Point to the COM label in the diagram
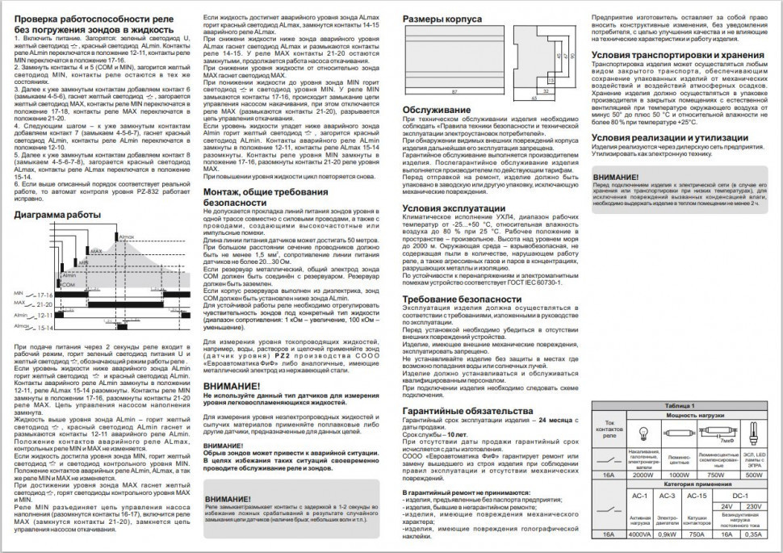(69, 284)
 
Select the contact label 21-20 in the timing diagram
(45, 305)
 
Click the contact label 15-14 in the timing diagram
(45, 328)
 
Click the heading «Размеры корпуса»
(442, 18)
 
